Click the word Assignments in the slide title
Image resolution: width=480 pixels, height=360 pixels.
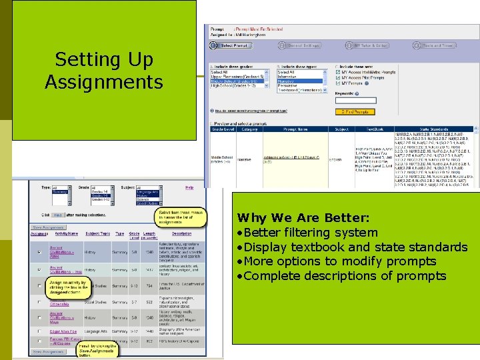click(103, 82)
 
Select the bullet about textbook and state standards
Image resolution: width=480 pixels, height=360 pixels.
click(352, 247)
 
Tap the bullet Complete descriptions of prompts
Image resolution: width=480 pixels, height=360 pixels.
click(341, 276)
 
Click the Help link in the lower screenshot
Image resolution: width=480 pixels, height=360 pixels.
click(189, 187)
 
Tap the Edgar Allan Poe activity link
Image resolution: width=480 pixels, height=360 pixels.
click(64, 331)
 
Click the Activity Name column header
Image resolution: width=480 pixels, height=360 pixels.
click(67, 233)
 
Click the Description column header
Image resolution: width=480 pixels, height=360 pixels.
click(181, 233)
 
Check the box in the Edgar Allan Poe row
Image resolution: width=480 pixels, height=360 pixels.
click(39, 331)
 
